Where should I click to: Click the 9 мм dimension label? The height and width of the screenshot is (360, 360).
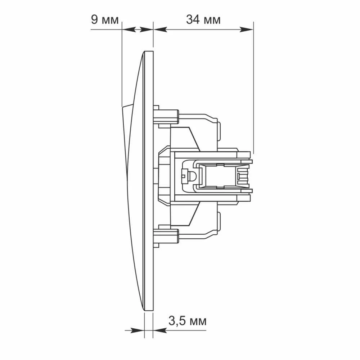tap(105, 19)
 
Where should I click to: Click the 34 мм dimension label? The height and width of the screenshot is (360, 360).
tap(203, 19)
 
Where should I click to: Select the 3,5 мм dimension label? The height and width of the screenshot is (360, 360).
tap(187, 320)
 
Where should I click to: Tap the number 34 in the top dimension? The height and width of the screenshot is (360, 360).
tap(193, 19)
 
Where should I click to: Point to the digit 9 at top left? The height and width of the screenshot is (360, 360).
tap(94, 19)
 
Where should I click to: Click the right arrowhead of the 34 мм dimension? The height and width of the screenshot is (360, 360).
tap(246, 30)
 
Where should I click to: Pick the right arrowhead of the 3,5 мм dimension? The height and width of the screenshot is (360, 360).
tap(160, 330)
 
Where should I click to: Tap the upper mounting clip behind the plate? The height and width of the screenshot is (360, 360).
tap(166, 117)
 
